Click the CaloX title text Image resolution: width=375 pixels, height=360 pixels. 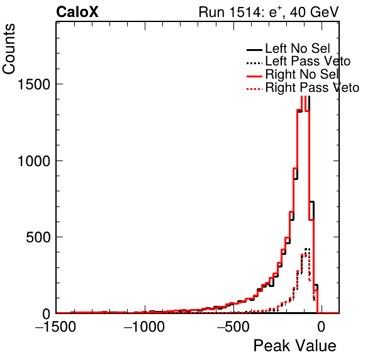point(77,12)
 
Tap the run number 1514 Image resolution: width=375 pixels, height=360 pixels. point(247,12)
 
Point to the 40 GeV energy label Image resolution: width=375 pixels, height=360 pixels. point(314,12)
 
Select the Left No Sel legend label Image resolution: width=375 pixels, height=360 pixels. point(298,48)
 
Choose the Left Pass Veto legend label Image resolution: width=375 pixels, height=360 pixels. point(308,61)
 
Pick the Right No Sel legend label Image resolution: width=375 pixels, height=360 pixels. point(302,74)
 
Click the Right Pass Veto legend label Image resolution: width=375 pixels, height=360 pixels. point(312,87)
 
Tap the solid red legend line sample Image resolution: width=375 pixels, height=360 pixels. point(254,76)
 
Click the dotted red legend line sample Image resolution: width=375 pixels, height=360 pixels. point(254,89)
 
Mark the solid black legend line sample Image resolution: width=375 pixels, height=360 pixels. point(254,50)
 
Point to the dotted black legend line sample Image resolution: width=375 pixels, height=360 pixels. point(254,63)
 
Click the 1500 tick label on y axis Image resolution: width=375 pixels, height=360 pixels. point(34,84)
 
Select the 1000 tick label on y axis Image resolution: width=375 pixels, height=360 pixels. point(34,161)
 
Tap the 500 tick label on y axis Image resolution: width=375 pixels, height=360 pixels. point(38,237)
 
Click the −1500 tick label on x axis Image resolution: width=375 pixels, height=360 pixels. point(55,327)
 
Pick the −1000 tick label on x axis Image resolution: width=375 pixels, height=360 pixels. point(144,327)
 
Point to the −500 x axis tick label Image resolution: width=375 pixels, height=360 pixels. point(233,327)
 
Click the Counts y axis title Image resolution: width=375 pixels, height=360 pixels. point(9,49)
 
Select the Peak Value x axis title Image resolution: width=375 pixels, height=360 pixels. point(294,346)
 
